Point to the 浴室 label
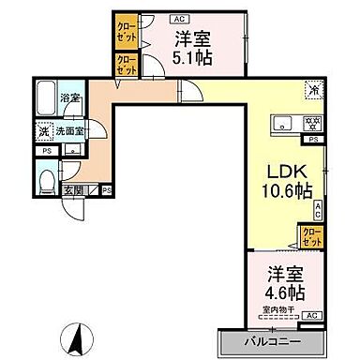pyautogui.click(x=68, y=97)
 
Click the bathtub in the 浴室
pyautogui.click(x=44, y=97)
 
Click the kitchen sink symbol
pyautogui.click(x=284, y=125)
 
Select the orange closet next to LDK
pyautogui.click(x=310, y=235)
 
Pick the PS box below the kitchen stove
pyautogui.click(x=314, y=139)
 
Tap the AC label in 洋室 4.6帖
pyautogui.click(x=313, y=316)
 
